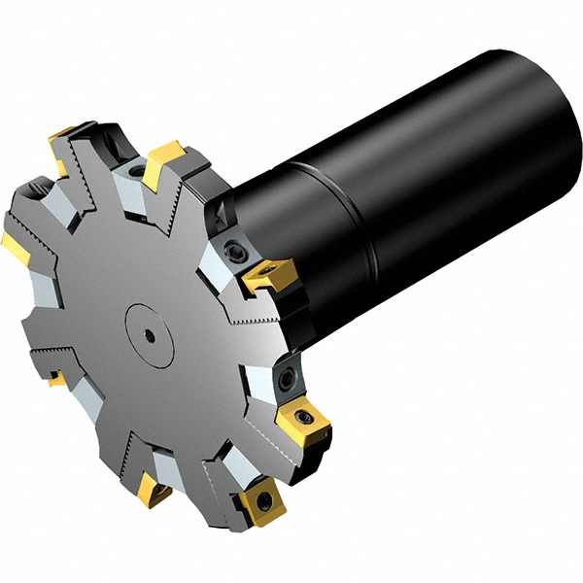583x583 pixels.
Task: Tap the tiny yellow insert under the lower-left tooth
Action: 56,379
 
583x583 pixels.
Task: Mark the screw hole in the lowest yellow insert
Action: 261,503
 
